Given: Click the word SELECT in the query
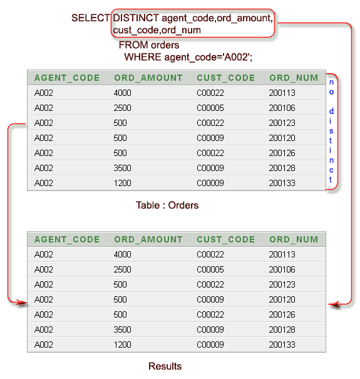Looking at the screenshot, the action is pos(91,18).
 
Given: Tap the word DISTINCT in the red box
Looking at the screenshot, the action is pos(136,18).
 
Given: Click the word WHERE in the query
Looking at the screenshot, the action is pos(143,57).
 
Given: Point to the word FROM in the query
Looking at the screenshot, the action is pos(133,45).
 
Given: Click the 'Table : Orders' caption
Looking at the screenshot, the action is pos(167,205).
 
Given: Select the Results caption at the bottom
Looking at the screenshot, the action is pos(165,366).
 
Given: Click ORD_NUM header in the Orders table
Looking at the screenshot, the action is pos(294,78).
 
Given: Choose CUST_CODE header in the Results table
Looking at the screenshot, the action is pos(226,239).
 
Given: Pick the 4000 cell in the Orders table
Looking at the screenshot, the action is pos(123,93).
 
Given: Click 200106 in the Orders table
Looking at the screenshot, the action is pos(282,108).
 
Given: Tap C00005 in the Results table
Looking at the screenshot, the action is pos(210,269).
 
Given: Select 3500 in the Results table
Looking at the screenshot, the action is pos(123,330).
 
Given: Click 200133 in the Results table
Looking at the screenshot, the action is pos(282,345).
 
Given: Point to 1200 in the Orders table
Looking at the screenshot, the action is pos(123,183).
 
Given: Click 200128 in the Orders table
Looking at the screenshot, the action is pos(282,168).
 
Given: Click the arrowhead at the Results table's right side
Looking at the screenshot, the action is pos(334,304).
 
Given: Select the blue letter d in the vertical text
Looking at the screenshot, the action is pos(331,111).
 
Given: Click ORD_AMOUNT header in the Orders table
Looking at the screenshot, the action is pos(148,78).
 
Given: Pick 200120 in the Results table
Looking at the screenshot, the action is pos(282,299).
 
